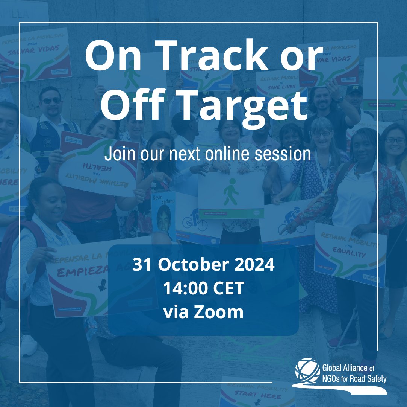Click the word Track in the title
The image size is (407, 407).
click(x=211, y=57)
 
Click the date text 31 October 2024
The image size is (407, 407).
click(x=203, y=265)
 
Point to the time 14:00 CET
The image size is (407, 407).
click(x=203, y=289)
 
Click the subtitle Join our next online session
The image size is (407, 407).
click(x=207, y=154)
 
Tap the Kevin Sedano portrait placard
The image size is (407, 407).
click(x=163, y=216)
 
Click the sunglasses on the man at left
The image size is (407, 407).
click(x=51, y=101)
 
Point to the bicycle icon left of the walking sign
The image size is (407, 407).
click(x=195, y=224)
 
